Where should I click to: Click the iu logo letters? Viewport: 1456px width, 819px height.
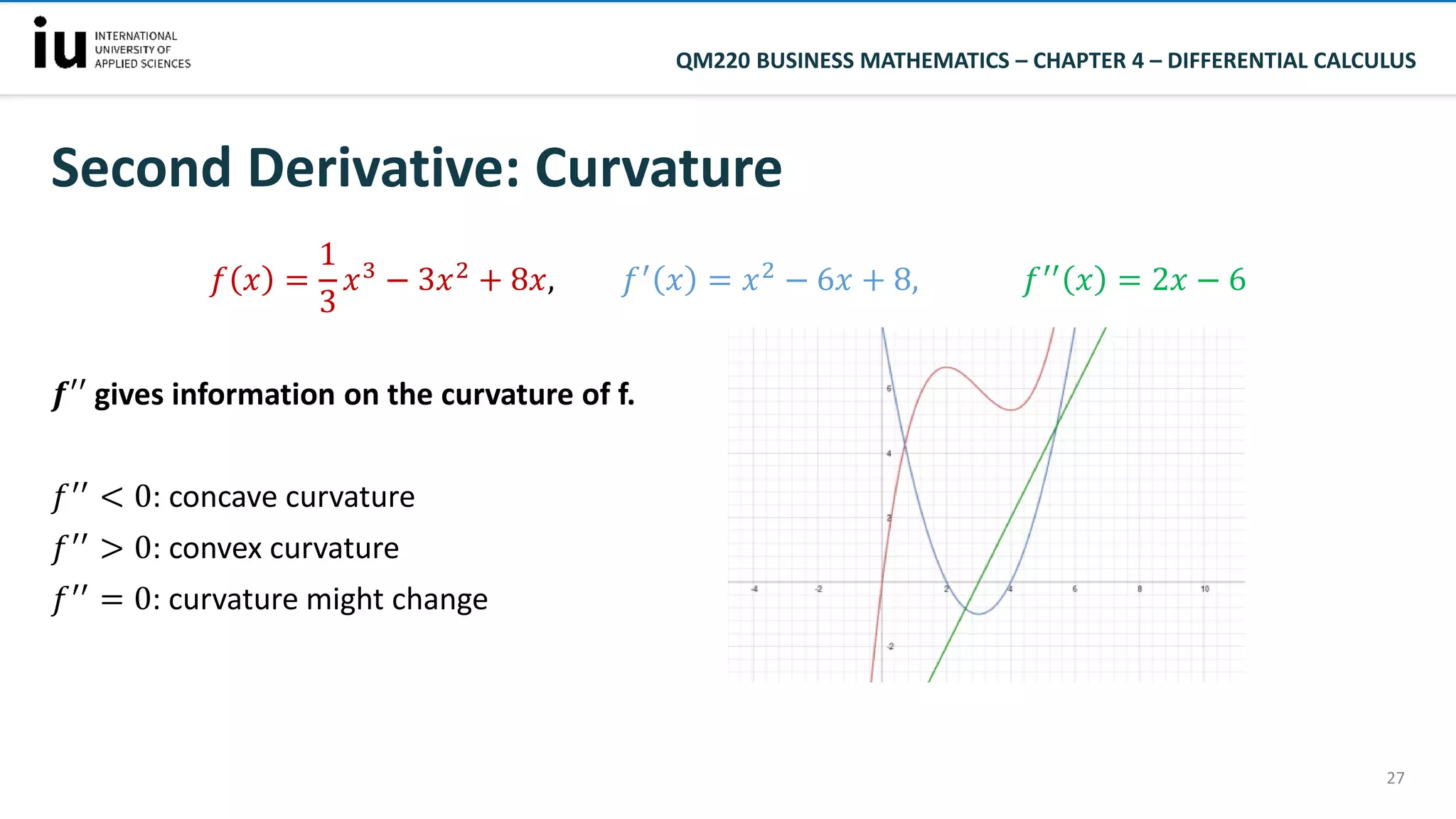[60, 44]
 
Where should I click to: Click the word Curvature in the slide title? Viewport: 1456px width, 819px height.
[658, 168]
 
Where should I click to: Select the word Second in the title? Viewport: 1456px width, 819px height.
[141, 168]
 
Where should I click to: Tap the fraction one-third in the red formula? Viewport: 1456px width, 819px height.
[327, 278]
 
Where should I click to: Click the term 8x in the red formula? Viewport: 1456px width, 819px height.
[528, 280]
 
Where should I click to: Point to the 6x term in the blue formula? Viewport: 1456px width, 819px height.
[834, 280]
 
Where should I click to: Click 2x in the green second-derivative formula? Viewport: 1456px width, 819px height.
[1169, 280]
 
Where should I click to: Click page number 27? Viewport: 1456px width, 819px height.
[1395, 778]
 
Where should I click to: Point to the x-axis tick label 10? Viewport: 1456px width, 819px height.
[1204, 589]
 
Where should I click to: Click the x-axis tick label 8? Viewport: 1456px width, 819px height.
[1139, 589]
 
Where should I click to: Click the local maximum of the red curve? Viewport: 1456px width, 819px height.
[946, 367]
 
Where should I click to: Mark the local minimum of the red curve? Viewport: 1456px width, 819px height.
[1010, 410]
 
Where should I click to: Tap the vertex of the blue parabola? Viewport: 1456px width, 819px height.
[979, 614]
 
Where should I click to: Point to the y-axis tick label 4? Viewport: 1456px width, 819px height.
[889, 453]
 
